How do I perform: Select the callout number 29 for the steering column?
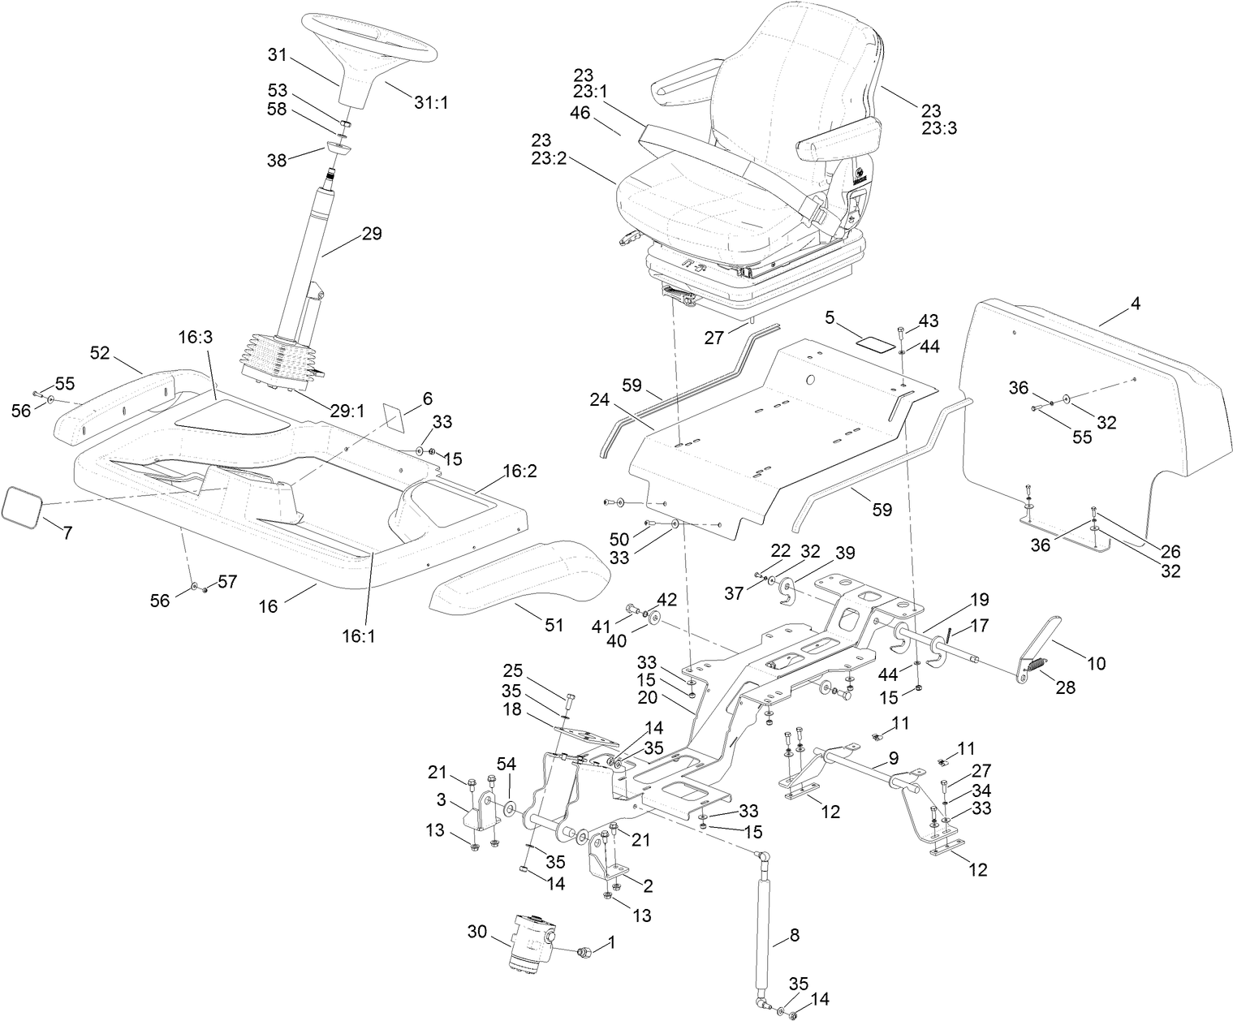[371, 234]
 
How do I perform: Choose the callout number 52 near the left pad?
[100, 353]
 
